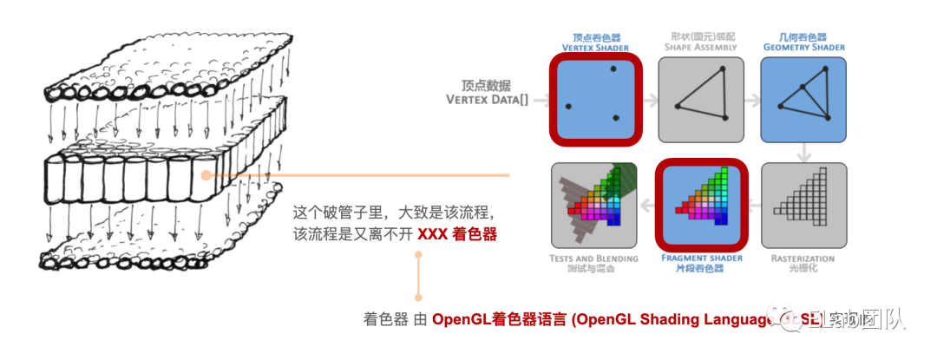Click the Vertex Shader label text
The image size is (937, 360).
595,43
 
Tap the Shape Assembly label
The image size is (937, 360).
702,43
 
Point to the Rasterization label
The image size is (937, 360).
803,263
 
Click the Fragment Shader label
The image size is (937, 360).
701,263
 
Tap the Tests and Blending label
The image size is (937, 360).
594,263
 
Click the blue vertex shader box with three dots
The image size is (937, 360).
595,98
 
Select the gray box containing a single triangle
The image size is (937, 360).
702,99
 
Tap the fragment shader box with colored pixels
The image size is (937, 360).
701,205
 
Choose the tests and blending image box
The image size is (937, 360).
594,205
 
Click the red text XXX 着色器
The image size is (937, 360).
457,234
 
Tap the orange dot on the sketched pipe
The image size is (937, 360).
206,175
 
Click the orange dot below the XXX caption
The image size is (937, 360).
418,255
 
